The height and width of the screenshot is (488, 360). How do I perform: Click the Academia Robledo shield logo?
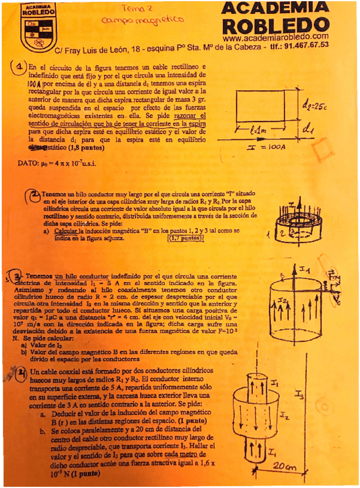[38, 26]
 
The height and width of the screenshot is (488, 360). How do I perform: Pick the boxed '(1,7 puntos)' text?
[185, 238]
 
